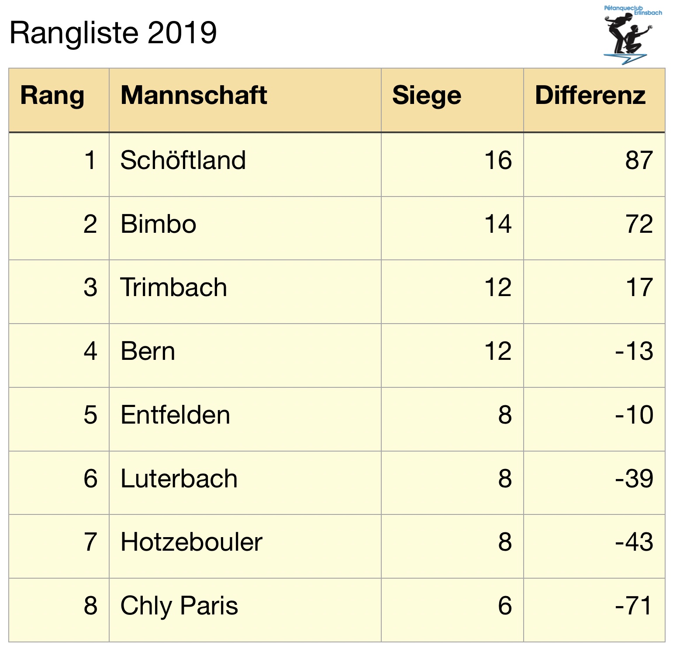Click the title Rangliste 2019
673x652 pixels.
point(113,33)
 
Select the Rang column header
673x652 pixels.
point(52,96)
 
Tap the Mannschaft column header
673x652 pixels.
point(193,96)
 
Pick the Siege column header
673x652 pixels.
point(426,96)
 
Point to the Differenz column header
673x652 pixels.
point(590,96)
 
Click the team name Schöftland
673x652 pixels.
point(183,160)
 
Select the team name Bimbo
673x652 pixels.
point(158,224)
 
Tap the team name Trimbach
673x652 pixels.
point(173,287)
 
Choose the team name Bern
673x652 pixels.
point(148,351)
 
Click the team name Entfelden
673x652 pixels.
point(175,415)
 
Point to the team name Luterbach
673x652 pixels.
point(179,479)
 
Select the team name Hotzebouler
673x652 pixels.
point(191,542)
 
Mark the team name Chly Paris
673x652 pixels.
point(179,606)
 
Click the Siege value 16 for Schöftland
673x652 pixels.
point(498,160)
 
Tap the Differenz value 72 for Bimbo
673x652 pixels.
point(639,224)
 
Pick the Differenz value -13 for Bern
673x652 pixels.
point(634,351)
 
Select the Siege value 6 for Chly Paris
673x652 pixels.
point(505,606)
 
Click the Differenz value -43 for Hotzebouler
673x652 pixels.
point(634,542)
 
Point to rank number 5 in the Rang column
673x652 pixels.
point(90,415)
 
